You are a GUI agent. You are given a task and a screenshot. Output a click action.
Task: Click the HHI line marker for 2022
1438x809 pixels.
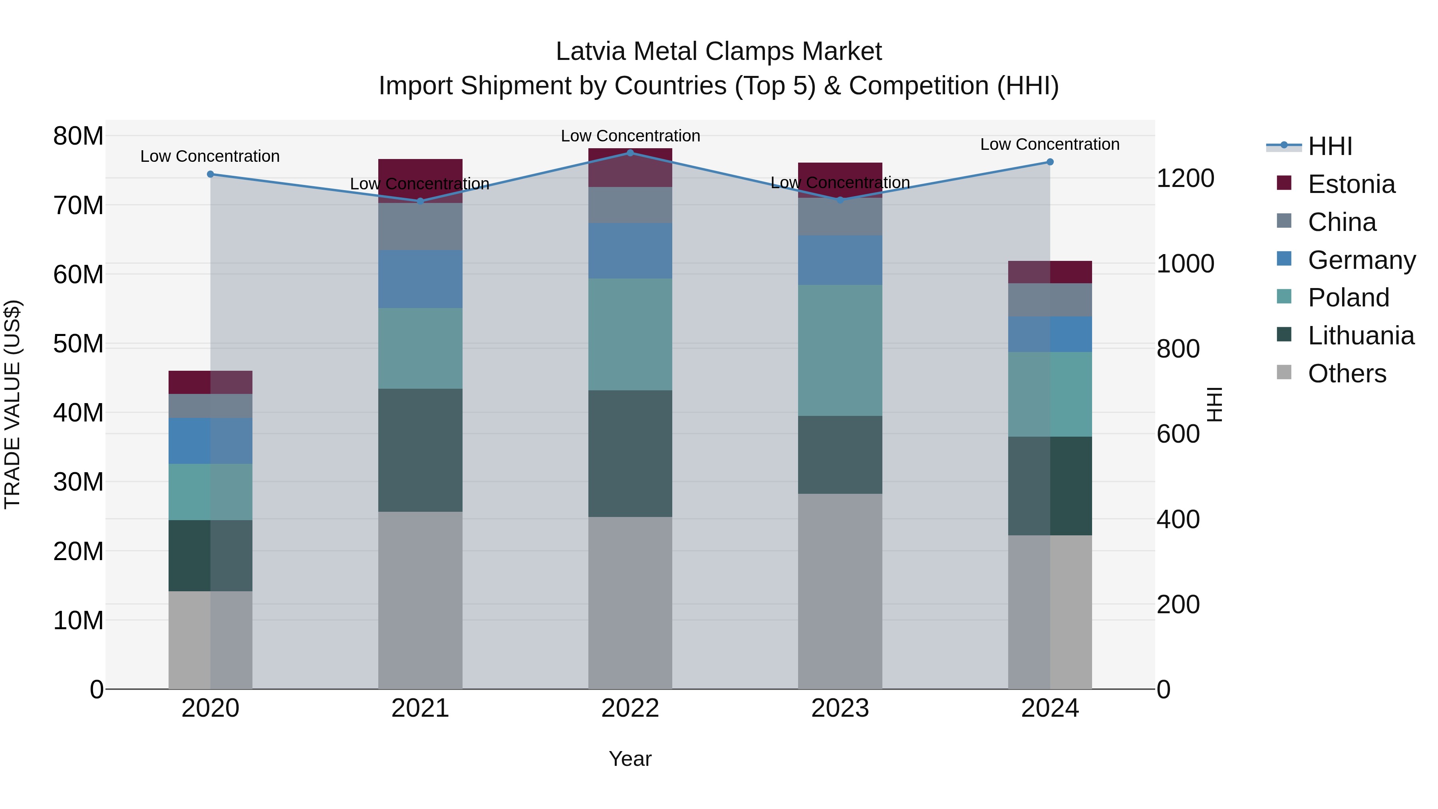tap(630, 153)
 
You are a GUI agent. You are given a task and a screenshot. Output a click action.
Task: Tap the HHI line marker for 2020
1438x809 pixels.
tap(211, 174)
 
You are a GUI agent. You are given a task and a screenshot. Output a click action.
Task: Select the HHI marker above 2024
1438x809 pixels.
tap(1050, 162)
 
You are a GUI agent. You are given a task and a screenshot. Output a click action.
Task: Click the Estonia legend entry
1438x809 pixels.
tap(1351, 184)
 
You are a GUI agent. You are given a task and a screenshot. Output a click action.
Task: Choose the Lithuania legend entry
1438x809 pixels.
tap(1361, 336)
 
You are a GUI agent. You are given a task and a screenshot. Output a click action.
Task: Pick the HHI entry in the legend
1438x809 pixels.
tap(1330, 146)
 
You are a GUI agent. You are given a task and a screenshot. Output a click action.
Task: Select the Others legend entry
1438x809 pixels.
tap(1347, 374)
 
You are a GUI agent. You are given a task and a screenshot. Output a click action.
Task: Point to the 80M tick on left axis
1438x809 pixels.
tap(78, 136)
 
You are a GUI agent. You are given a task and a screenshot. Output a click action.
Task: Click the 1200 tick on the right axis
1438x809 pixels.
tap(1185, 179)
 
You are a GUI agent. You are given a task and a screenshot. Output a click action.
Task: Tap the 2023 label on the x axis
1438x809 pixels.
tap(840, 708)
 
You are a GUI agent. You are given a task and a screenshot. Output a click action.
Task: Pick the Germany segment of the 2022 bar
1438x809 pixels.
tap(630, 250)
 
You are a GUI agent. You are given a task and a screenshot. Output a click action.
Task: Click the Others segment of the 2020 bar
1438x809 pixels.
tap(211, 640)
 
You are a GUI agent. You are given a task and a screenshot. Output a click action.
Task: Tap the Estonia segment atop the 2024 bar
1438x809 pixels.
tap(1050, 272)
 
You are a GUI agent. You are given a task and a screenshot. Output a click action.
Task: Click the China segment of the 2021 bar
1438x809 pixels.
tap(420, 226)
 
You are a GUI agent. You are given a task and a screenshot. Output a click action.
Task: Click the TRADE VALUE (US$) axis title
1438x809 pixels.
tap(12, 404)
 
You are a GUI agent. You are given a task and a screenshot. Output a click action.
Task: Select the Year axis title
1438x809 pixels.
tap(630, 759)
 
